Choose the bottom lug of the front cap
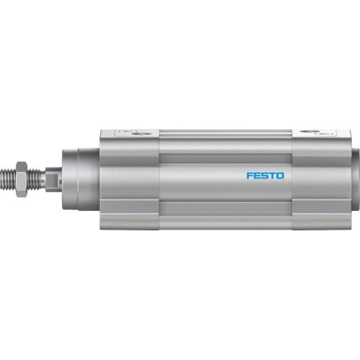click(130, 221)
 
